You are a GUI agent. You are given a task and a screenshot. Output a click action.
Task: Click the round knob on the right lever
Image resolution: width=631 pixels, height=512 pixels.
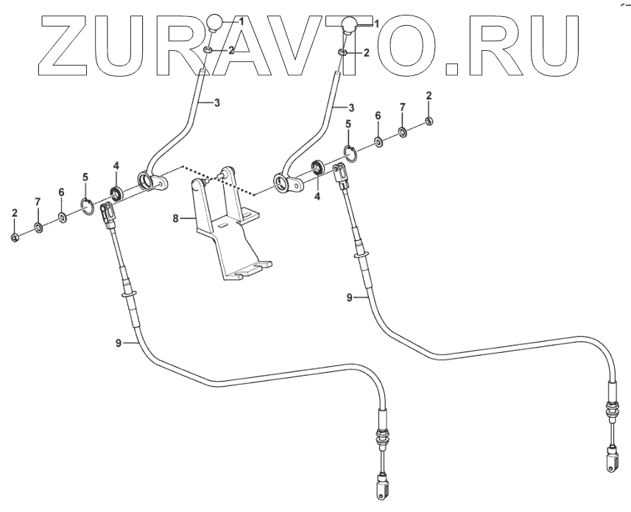click(350, 28)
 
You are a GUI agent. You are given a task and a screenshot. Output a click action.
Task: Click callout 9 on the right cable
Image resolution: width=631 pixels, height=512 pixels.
click(350, 298)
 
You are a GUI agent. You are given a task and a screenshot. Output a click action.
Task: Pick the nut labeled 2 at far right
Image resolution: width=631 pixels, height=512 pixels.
click(429, 121)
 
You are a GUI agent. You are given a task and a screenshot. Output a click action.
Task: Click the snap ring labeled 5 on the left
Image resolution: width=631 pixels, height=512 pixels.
click(87, 208)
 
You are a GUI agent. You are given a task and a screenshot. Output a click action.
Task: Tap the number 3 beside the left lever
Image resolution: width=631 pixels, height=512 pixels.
click(216, 103)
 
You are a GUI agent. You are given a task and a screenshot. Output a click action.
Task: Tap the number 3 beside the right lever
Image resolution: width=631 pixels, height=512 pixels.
click(350, 108)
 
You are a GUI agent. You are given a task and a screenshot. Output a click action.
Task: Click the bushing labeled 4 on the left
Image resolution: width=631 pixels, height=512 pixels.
click(116, 194)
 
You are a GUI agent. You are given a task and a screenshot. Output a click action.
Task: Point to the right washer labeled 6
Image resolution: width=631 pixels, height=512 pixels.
click(377, 141)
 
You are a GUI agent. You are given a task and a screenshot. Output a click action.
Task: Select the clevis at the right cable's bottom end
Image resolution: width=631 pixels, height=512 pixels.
click(612, 461)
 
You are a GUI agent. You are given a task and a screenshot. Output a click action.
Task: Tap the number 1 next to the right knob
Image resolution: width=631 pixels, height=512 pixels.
click(376, 24)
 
